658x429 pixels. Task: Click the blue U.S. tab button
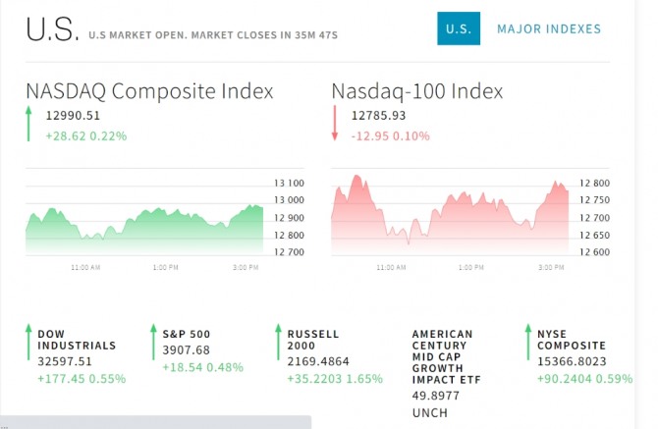click(459, 28)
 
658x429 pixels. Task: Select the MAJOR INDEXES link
click(549, 28)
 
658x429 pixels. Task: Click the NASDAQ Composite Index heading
click(149, 91)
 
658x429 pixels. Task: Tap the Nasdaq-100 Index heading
click(417, 91)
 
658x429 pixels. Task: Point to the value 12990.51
click(73, 115)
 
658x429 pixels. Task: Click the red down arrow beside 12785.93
click(335, 123)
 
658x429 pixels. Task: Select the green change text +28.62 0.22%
click(86, 135)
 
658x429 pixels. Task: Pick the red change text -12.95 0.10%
click(390, 135)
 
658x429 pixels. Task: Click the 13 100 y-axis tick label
click(289, 184)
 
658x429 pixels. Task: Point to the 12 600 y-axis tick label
click(594, 252)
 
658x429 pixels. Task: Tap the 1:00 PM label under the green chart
click(165, 267)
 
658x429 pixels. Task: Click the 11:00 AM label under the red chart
click(391, 267)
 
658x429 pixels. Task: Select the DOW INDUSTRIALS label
click(77, 340)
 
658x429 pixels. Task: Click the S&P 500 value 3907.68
click(186, 349)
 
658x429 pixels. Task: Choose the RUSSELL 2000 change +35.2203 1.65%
click(335, 379)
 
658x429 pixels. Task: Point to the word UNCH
click(430, 413)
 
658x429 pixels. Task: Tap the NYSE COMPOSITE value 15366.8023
click(572, 361)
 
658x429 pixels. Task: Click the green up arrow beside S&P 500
click(153, 342)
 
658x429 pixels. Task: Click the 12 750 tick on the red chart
click(594, 200)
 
